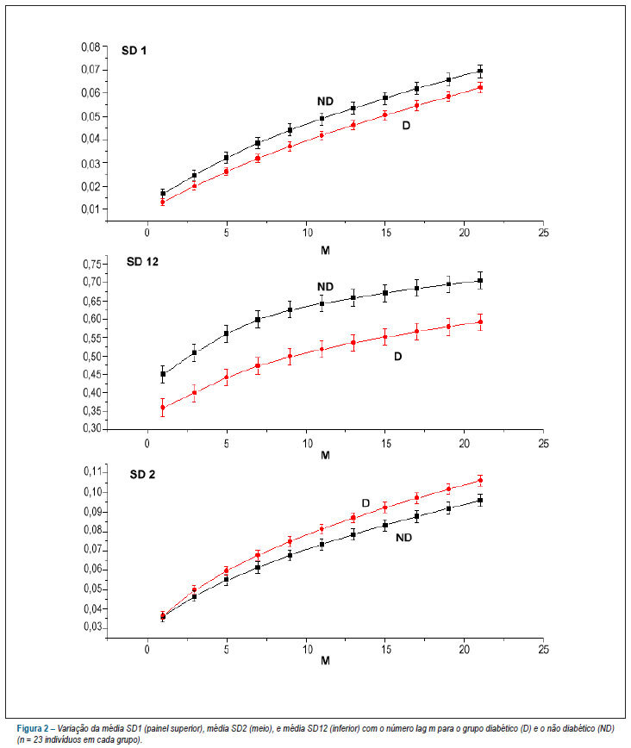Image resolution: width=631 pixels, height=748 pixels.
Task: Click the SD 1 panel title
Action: (134, 51)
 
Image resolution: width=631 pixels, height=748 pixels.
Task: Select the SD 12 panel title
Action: (142, 262)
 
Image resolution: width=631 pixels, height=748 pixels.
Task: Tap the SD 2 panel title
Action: (142, 475)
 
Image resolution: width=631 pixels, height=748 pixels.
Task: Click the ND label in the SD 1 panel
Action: (325, 101)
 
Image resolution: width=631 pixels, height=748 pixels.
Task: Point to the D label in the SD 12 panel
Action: (398, 357)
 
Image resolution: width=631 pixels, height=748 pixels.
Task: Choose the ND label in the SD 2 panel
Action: (403, 538)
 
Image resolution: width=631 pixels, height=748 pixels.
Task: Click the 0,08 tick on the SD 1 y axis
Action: (91, 47)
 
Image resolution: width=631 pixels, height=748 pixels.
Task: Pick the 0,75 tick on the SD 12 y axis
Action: (92, 265)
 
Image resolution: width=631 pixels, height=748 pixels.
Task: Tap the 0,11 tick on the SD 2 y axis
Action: (92, 471)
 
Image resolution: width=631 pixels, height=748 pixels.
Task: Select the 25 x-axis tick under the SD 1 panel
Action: (543, 233)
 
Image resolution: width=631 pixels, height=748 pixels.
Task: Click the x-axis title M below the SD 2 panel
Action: (325, 661)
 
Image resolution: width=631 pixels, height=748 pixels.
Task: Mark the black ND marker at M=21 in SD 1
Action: (480, 71)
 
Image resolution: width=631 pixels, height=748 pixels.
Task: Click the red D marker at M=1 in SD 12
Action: (163, 408)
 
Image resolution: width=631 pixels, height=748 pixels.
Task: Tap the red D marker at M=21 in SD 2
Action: (480, 480)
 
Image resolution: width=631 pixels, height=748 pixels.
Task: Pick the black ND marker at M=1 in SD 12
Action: (163, 374)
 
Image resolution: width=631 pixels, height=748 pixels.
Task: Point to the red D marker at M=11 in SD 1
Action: (322, 135)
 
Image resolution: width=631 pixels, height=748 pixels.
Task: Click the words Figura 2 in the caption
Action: (33, 729)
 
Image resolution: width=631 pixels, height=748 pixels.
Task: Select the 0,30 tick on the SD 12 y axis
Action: (92, 428)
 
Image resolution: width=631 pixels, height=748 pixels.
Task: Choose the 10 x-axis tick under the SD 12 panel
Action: (308, 444)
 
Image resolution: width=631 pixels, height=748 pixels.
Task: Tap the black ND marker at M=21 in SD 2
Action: (480, 501)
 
